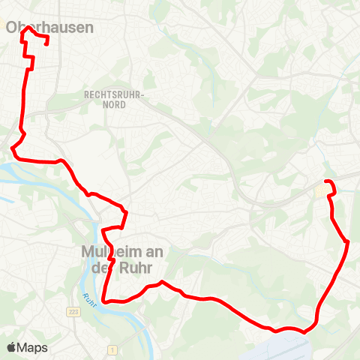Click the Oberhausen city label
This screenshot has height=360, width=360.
(x=49, y=28)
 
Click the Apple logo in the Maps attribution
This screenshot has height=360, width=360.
(x=11, y=348)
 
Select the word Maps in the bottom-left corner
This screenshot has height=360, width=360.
(x=32, y=348)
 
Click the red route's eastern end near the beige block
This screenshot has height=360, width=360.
(x=325, y=181)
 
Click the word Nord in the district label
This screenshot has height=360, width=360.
(x=113, y=106)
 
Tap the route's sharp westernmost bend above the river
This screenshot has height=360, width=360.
(x=11, y=148)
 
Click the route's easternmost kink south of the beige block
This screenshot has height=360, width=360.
(x=349, y=241)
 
